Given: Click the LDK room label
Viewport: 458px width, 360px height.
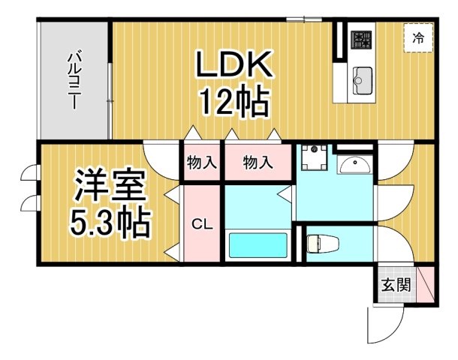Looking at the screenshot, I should click(x=233, y=66).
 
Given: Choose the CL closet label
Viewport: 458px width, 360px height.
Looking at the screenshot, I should click(x=200, y=223).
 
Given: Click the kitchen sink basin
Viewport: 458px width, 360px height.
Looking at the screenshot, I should click(x=363, y=76).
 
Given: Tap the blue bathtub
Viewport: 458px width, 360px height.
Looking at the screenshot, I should click(x=258, y=245).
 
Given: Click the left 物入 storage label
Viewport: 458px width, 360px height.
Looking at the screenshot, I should click(x=200, y=162).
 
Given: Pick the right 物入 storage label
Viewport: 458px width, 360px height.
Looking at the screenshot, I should click(x=257, y=162).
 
